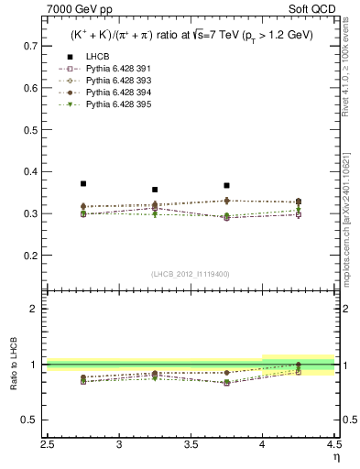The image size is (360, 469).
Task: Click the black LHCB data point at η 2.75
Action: click(83, 183)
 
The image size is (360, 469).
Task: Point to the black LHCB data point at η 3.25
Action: click(155, 190)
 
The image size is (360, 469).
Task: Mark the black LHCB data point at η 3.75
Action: click(226, 185)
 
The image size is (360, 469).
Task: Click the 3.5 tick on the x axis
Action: click(191, 445)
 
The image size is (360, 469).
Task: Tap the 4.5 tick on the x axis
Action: click(333, 445)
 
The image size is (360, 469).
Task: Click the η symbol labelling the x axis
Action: click(334, 457)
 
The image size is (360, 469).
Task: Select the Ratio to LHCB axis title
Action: click(12, 366)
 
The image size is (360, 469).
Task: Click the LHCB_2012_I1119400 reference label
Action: click(191, 274)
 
